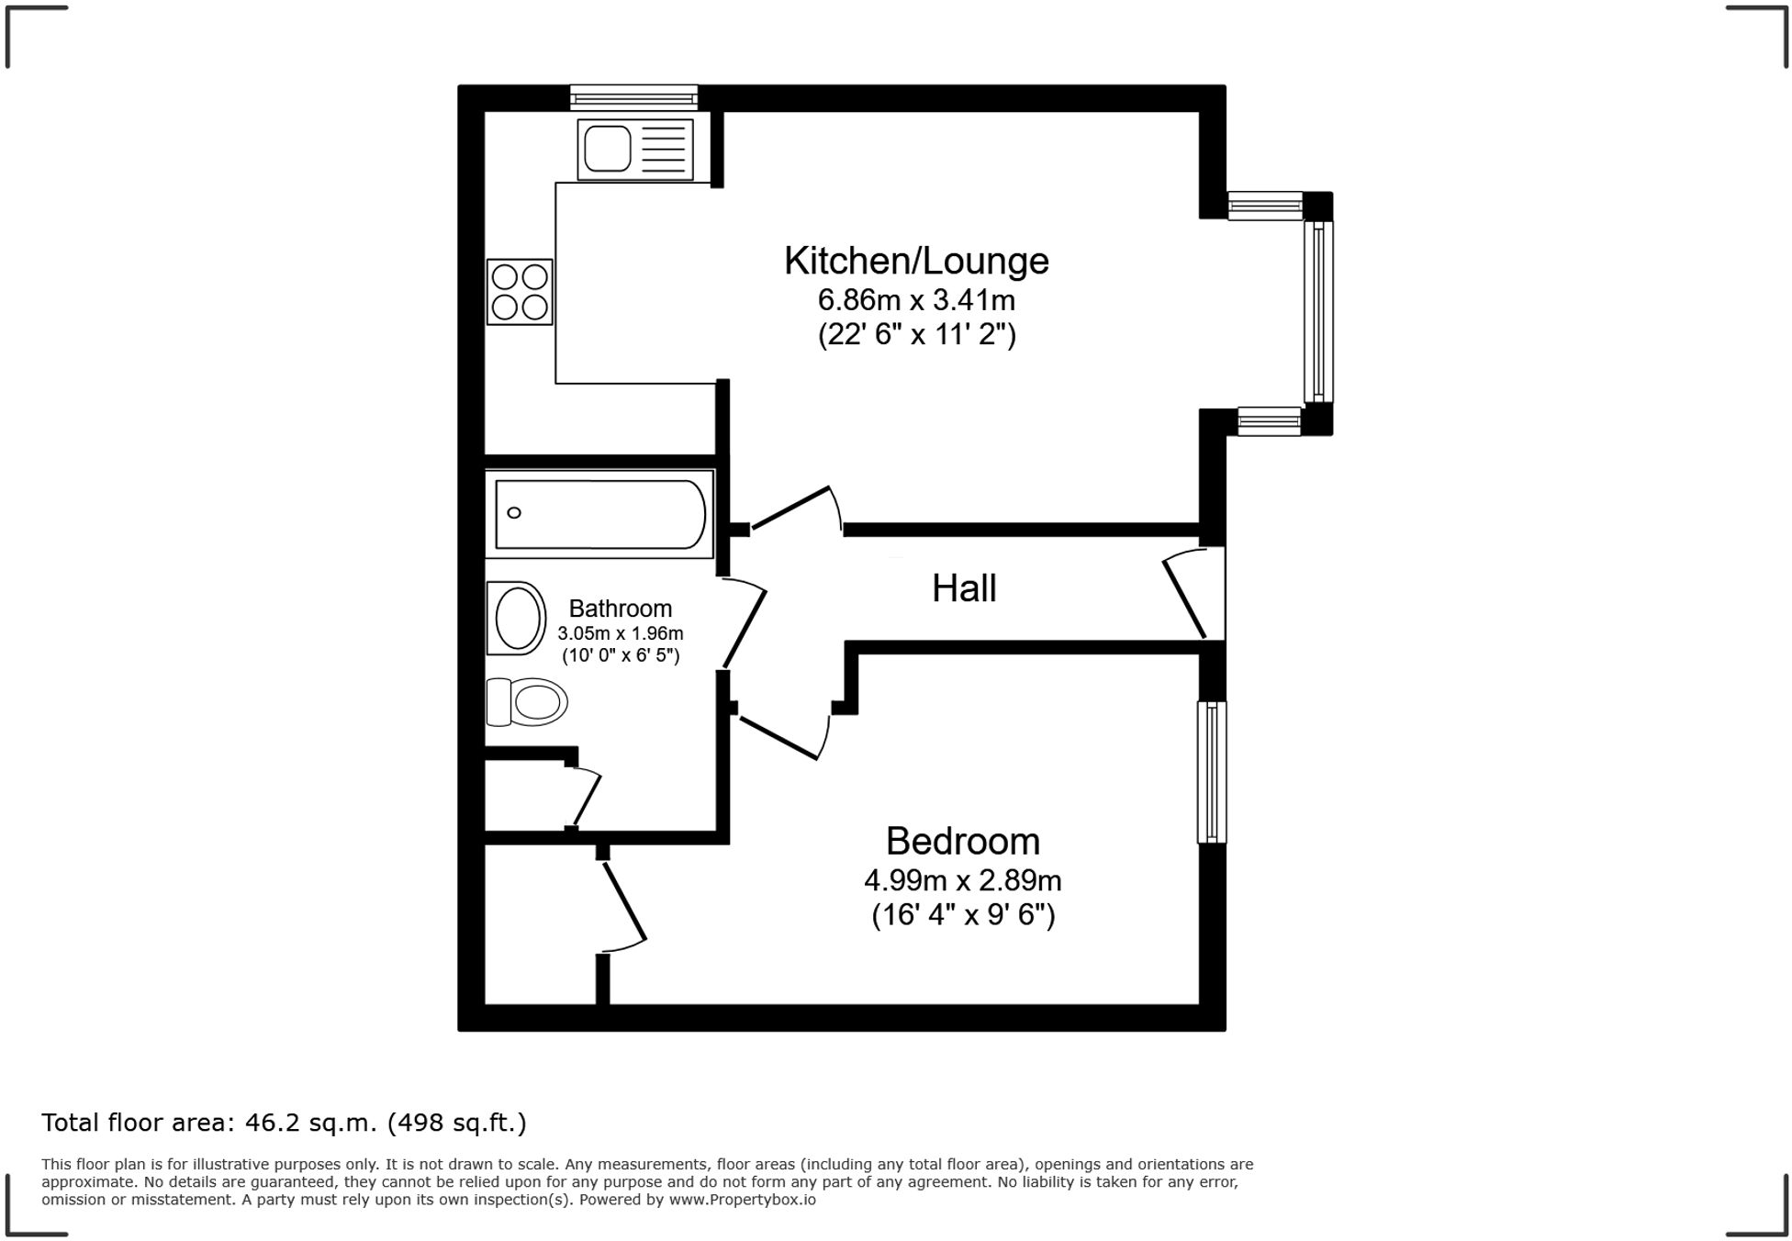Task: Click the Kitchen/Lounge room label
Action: pos(915,262)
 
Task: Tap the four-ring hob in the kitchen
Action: pos(520,292)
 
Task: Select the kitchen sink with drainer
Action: pos(634,149)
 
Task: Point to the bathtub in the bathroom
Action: pos(599,515)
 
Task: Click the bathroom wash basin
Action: pos(517,618)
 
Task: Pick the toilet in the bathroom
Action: pos(526,702)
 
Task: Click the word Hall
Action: pos(963,588)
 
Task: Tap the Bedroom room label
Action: pos(962,842)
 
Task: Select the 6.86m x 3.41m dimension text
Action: pos(915,301)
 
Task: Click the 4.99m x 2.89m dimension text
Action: pos(962,881)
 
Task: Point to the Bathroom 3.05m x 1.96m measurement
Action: pos(620,633)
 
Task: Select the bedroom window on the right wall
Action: pos(1211,772)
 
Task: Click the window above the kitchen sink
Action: pos(633,97)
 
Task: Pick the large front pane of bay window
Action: pos(1318,312)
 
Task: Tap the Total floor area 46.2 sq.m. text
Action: pos(284,1123)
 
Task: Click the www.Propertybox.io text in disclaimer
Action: pos(742,1200)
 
